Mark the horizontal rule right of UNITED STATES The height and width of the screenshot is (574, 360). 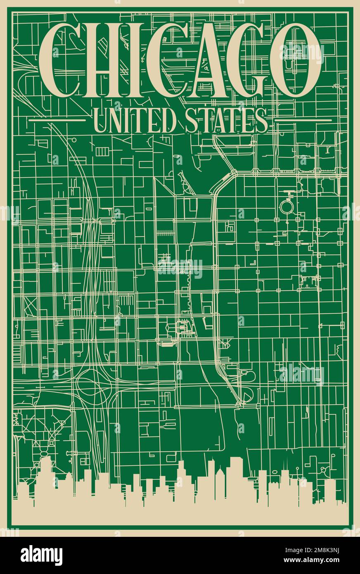(303, 121)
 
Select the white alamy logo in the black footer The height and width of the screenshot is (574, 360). (42, 555)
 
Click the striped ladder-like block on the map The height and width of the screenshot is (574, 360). (166, 233)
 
